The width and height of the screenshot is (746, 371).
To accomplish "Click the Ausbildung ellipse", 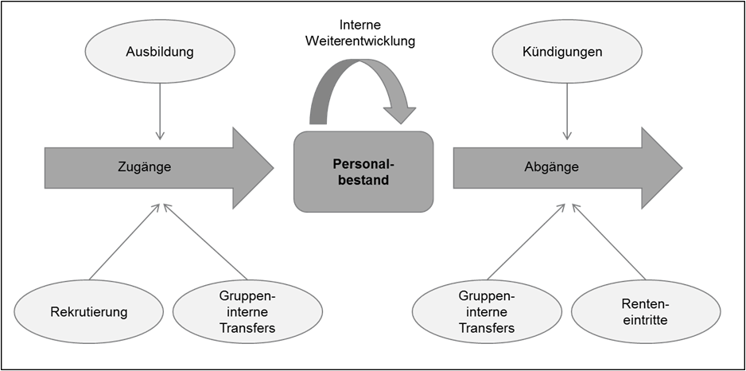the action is click(160, 52).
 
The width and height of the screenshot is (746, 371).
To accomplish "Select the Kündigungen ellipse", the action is click(566, 52).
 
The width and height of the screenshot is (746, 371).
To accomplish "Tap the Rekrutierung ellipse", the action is click(89, 312).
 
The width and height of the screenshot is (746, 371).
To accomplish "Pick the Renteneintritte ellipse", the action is click(646, 312).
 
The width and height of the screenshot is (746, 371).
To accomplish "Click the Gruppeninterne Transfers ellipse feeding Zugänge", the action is click(247, 312).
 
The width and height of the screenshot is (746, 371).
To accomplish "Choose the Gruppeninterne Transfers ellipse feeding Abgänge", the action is click(487, 312).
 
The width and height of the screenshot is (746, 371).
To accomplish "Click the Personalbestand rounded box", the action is click(363, 172).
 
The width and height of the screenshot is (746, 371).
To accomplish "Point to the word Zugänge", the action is click(144, 167).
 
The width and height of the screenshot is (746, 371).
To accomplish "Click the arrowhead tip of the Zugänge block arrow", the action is click(274, 168).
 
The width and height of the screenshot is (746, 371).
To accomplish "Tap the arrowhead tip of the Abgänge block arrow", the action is click(682, 168).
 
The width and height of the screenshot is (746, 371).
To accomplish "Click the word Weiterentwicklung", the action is click(360, 41).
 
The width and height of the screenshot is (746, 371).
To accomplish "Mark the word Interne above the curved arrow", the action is click(360, 25).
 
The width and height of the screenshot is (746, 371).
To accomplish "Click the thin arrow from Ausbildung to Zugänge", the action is click(160, 111).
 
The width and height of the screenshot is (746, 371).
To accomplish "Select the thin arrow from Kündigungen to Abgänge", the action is click(566, 111).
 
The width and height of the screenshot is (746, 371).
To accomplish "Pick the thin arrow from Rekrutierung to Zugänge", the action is click(125, 241).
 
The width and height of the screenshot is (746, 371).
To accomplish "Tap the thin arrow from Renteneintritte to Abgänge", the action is click(608, 241).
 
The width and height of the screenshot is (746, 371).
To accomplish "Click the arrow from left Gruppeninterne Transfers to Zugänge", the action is click(205, 241).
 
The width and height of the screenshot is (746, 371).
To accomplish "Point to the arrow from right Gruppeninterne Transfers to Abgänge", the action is click(526, 241).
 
